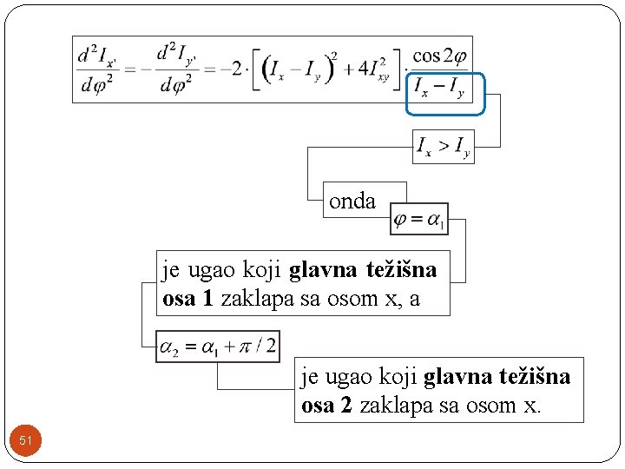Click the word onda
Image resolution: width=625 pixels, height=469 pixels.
[352, 201]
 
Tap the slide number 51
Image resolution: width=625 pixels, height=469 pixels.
[25, 441]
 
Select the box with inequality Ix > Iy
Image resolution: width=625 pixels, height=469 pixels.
[443, 147]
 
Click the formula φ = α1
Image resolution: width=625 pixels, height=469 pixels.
[419, 220]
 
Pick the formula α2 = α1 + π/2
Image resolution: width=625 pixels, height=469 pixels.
[217, 347]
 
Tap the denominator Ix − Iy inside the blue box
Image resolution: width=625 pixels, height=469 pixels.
[439, 88]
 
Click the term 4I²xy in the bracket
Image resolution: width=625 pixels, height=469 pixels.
[369, 69]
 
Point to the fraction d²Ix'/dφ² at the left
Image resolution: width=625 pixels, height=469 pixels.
[98, 69]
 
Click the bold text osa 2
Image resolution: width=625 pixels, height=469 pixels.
[326, 406]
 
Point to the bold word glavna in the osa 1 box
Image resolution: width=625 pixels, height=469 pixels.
[322, 270]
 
